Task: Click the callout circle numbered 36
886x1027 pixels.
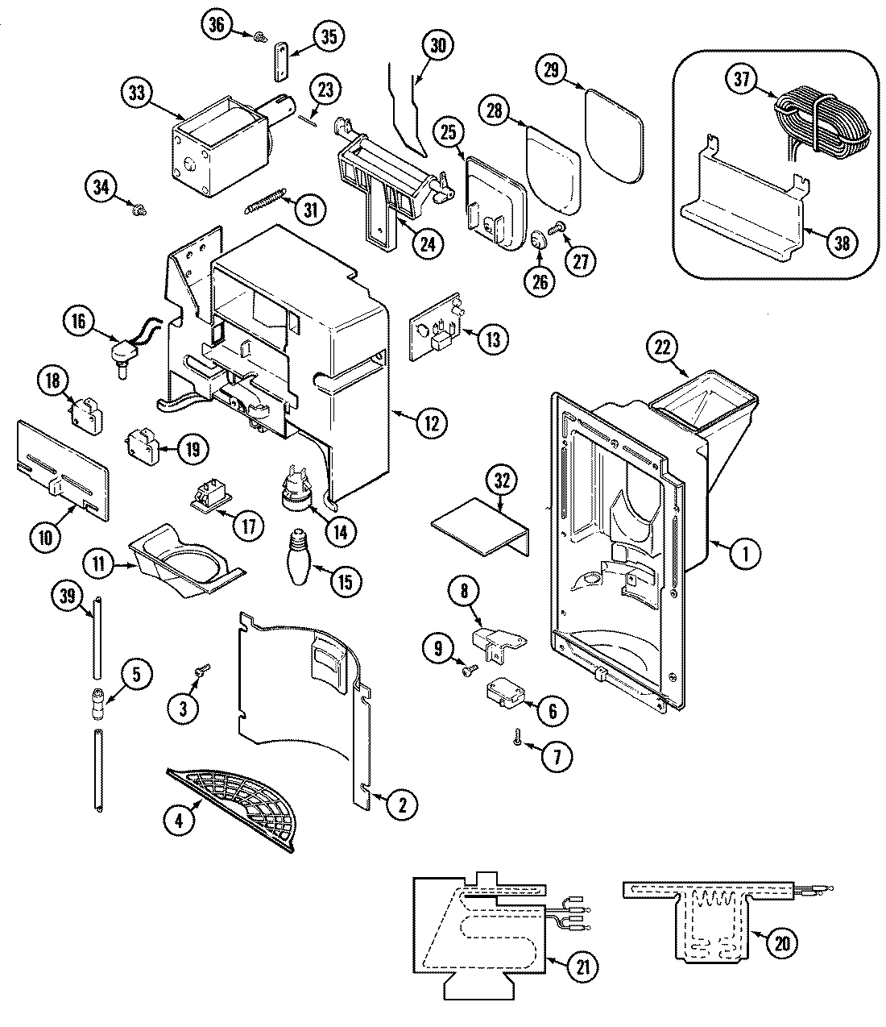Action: tap(214, 25)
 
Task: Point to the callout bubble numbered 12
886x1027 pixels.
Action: tap(432, 422)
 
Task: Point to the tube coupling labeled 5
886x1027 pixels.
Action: tap(99, 701)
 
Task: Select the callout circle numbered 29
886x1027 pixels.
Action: tap(551, 71)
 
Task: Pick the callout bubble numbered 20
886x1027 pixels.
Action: tap(779, 942)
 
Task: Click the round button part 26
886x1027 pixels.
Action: tap(538, 240)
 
